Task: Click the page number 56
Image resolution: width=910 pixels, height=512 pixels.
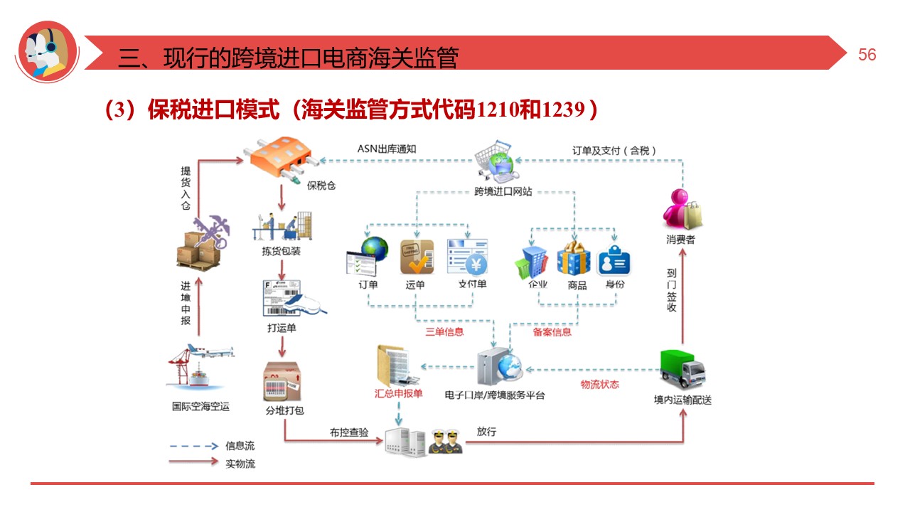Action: point(867,55)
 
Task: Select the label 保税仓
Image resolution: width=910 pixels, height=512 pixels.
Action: point(321,186)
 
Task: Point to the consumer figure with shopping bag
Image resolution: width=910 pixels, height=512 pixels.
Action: point(681,208)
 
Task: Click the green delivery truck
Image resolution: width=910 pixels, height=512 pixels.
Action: point(682,368)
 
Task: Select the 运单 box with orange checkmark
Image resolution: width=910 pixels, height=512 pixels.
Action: point(417,257)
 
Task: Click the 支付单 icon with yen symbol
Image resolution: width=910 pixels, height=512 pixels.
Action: point(467,256)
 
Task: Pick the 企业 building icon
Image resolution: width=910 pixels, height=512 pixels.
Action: point(532,260)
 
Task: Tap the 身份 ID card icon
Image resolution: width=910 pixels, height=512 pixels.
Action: point(614,260)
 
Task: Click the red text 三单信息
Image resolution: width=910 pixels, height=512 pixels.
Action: point(444,331)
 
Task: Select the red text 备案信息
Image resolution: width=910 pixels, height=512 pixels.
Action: point(552,331)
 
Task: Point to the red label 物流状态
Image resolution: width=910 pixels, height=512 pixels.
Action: point(599,385)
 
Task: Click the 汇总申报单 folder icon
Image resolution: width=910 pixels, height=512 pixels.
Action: point(393,366)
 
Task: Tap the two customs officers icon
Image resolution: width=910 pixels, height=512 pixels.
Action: point(446,442)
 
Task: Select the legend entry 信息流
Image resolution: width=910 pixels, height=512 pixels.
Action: point(240,446)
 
